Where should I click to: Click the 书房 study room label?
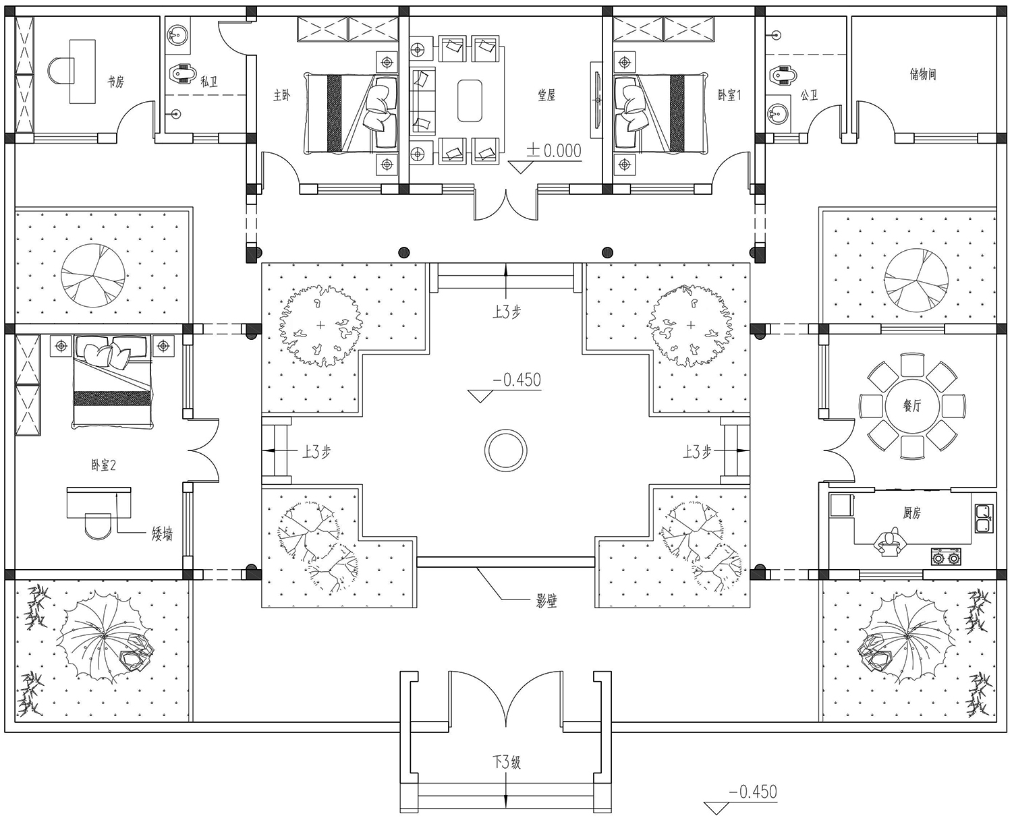[x=115, y=82]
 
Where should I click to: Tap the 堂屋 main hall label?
[x=546, y=96]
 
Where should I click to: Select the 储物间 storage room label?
[x=923, y=75]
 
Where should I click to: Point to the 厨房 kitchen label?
[x=911, y=512]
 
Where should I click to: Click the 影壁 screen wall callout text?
[x=546, y=601]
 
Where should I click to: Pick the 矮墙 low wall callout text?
[x=162, y=534]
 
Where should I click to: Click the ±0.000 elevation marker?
[x=554, y=151]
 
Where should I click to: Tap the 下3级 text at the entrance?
[x=507, y=763]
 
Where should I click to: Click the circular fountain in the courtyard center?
[x=505, y=450]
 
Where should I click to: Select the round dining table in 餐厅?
[x=912, y=407]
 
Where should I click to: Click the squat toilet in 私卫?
[x=181, y=74]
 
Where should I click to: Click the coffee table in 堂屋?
[x=470, y=101]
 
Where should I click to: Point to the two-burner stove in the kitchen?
[x=946, y=557]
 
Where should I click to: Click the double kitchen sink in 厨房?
[x=984, y=519]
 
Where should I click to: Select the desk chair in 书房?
[x=61, y=70]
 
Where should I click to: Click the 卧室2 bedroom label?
[x=104, y=465]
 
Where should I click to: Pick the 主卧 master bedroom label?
[x=282, y=96]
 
